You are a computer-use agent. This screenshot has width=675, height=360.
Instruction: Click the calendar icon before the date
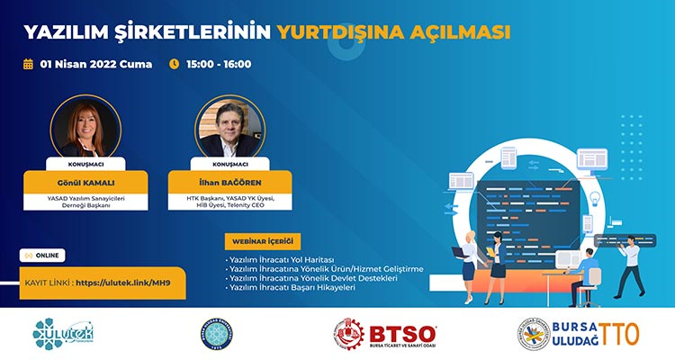[28, 64]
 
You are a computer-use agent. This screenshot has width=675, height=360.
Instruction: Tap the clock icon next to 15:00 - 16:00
[175, 64]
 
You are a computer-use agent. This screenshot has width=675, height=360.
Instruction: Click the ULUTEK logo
[64, 333]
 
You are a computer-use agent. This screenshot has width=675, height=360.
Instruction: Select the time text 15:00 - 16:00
[219, 64]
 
